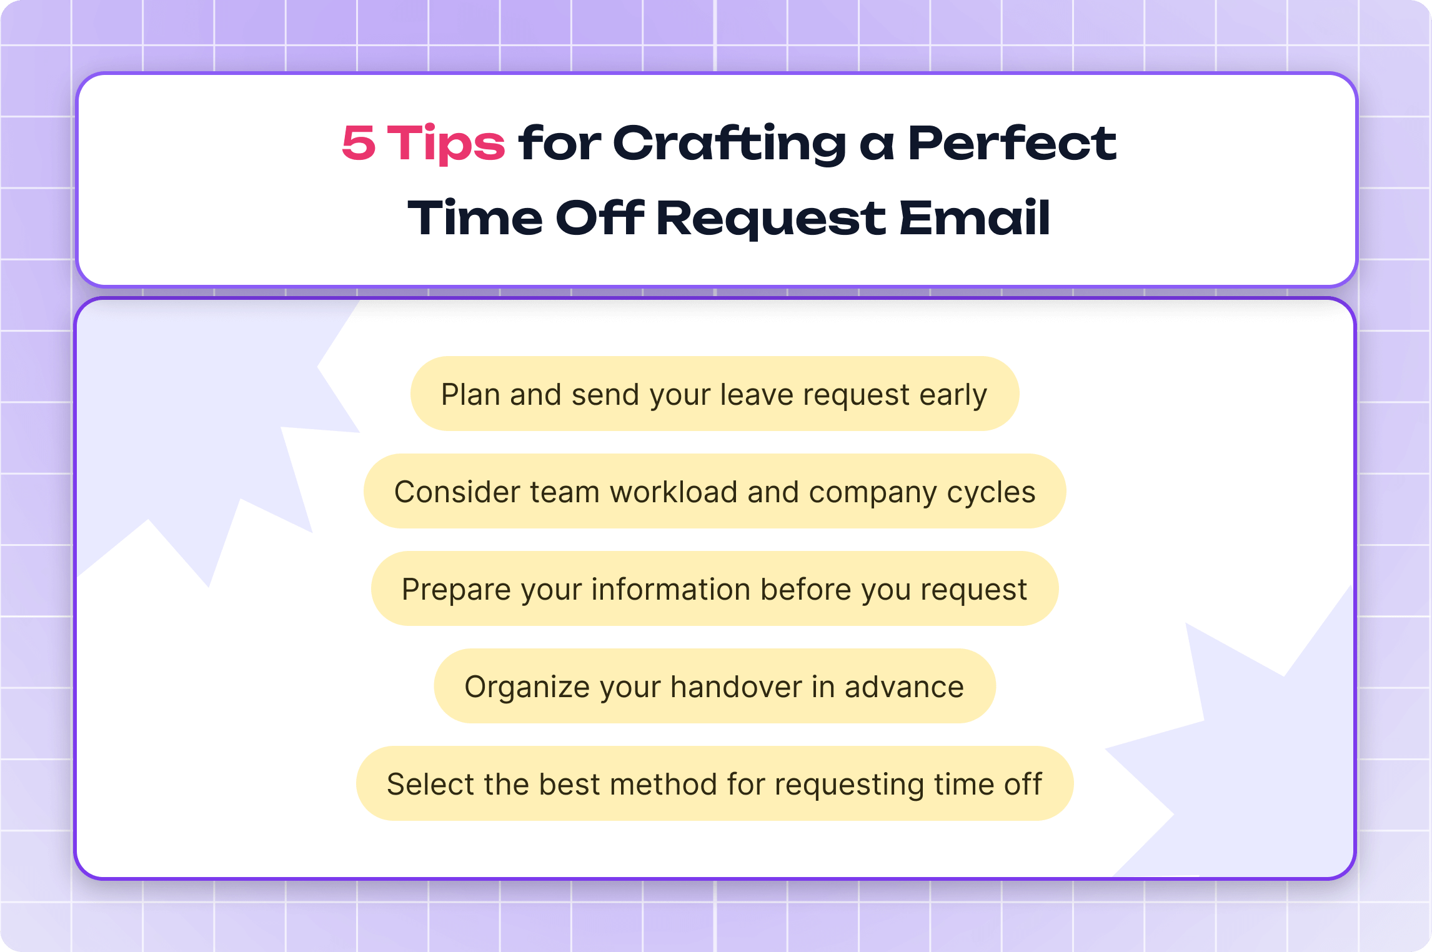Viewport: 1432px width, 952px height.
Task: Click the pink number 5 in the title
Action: [359, 143]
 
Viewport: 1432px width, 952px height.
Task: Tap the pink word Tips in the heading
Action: [445, 143]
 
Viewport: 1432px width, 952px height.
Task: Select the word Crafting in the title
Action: [730, 143]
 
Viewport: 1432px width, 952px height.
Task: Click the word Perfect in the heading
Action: [1012, 143]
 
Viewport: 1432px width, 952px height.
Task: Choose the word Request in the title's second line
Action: [771, 218]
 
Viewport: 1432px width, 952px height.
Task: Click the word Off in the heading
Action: [599, 218]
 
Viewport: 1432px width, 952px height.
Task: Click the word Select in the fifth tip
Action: [430, 785]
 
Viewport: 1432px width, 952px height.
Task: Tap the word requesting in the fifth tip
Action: [849, 785]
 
